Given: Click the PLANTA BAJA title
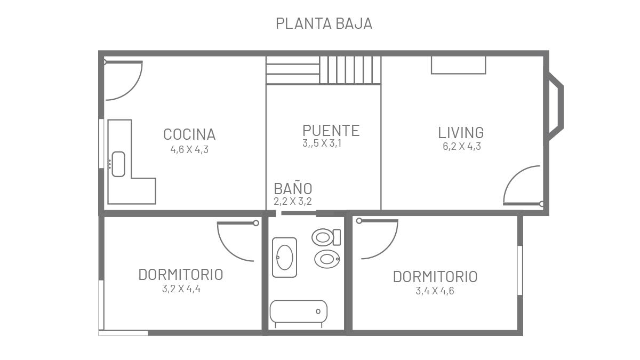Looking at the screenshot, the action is (x=324, y=23).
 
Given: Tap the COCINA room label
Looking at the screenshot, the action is (x=189, y=134).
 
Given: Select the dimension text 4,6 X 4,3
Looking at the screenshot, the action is (x=189, y=149).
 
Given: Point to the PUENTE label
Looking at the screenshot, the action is (x=331, y=131).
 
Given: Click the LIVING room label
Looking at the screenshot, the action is (x=461, y=133).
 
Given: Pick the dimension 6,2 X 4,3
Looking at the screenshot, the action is (x=462, y=146).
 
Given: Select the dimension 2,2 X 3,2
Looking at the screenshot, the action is (x=293, y=202).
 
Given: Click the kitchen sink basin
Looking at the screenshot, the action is (x=118, y=164).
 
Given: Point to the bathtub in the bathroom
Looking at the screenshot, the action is (x=299, y=311).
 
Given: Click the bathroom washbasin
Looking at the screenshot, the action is (x=285, y=258).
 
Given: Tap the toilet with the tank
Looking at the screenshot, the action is (x=326, y=237).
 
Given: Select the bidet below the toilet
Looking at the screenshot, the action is (x=327, y=259).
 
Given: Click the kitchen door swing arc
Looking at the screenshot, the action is (x=133, y=89).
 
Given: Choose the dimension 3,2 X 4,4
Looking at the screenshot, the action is (x=181, y=289).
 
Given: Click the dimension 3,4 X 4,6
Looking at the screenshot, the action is (x=435, y=291).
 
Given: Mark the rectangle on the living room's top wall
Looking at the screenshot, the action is (x=458, y=65).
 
